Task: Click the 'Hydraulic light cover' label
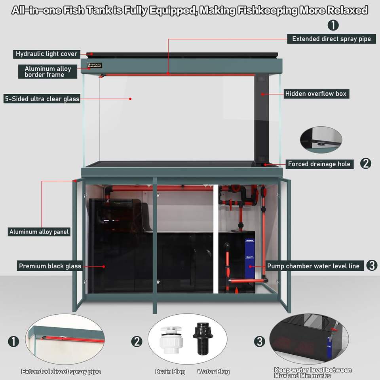[x=47, y=54]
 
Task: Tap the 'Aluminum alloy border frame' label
[x=48, y=72]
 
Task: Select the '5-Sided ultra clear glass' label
[x=42, y=99]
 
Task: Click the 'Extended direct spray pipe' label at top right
[x=331, y=39]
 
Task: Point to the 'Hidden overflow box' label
[x=315, y=94]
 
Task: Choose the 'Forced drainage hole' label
[x=319, y=164]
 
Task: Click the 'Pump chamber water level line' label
[x=313, y=266]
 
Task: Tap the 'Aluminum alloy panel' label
[x=39, y=232]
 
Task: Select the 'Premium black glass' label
[x=50, y=266]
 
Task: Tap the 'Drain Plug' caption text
[x=170, y=372]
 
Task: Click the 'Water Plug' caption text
[x=213, y=372]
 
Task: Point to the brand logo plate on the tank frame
[x=95, y=65]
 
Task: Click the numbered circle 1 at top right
[x=333, y=25]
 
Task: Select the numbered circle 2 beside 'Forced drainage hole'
[x=366, y=163]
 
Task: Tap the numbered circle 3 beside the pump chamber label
[x=372, y=265]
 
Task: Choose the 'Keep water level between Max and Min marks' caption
[x=313, y=372]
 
